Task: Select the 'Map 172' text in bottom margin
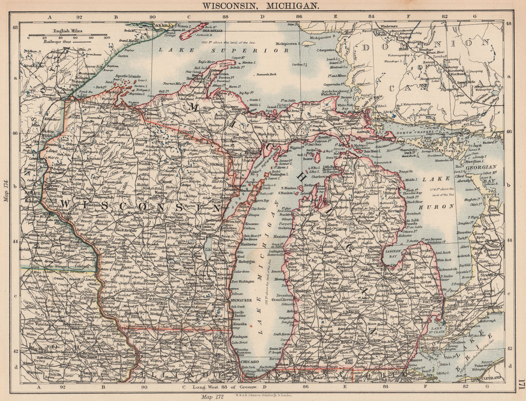(x=209, y=394)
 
